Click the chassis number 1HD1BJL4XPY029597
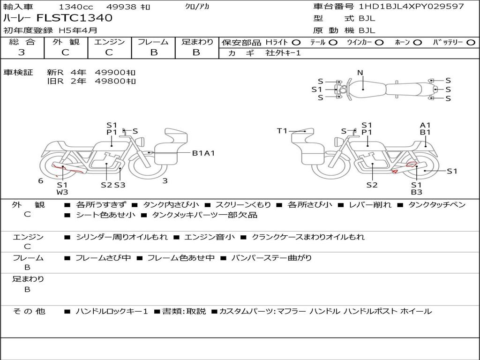pos(411,6)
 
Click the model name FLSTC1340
pos(75,18)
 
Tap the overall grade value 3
pos(22,52)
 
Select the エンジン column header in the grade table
pos(109,42)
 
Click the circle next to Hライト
pos(296,43)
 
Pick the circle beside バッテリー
pos(471,43)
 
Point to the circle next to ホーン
pos(418,43)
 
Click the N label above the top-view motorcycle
pos(360,73)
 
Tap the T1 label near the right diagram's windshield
pos(282,131)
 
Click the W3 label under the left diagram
pos(62,192)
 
